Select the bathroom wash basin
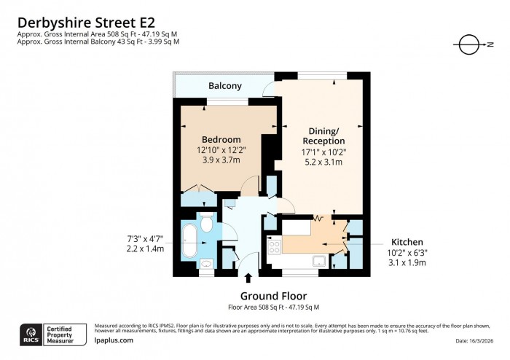click(206, 263)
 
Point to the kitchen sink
click(319, 260)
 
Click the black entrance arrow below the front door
click(249, 278)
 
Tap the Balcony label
click(225, 86)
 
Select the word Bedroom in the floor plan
click(221, 139)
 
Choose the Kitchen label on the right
click(408, 242)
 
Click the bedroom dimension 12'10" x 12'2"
click(221, 149)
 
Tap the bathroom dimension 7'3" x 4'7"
click(144, 238)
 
